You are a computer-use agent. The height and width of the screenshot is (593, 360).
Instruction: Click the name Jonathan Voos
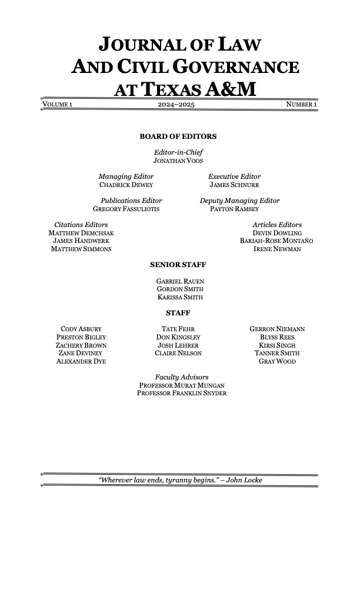pyautogui.click(x=178, y=161)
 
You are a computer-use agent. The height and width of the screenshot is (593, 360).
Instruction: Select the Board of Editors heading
pyautogui.click(x=178, y=136)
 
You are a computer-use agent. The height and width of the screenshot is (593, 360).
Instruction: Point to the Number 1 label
pyautogui.click(x=302, y=105)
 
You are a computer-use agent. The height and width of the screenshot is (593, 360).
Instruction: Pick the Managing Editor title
pyautogui.click(x=126, y=176)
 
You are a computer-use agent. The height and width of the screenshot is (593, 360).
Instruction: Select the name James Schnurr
pyautogui.click(x=234, y=185)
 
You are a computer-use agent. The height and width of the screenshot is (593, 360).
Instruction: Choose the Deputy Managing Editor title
pyautogui.click(x=240, y=201)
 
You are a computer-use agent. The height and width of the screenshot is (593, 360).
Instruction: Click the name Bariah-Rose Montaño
pyautogui.click(x=276, y=241)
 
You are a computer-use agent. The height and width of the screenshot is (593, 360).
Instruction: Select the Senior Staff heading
pyautogui.click(x=178, y=265)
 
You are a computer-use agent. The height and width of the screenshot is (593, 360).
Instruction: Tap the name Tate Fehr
pyautogui.click(x=178, y=329)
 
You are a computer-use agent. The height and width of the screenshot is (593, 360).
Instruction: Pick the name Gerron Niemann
pyautogui.click(x=276, y=329)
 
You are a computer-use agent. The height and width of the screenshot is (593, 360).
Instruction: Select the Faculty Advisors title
pyautogui.click(x=181, y=377)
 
